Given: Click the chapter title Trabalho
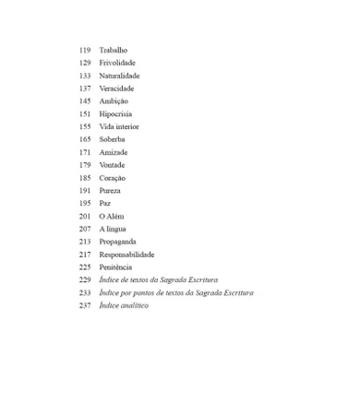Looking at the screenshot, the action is click(x=114, y=50).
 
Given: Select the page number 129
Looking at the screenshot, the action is click(x=85, y=63).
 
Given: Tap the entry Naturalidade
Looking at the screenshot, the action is click(x=120, y=76).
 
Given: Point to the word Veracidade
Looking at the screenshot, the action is click(x=117, y=89).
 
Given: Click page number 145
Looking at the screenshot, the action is click(x=85, y=101).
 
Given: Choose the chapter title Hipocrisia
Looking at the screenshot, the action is click(x=116, y=113).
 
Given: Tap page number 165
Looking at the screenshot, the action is click(x=85, y=139).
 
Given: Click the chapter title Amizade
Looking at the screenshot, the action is click(x=114, y=152).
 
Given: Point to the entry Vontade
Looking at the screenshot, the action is click(x=113, y=165).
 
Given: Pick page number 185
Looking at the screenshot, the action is click(x=85, y=177).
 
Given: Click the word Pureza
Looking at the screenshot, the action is click(x=111, y=190).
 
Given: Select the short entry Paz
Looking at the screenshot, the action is click(x=105, y=203).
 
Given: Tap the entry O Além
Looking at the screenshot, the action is click(x=112, y=216).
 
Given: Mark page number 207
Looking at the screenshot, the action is click(x=85, y=229).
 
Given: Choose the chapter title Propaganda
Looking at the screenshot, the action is click(x=118, y=242).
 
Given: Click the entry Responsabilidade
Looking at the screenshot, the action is click(x=126, y=255).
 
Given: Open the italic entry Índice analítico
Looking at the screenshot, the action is click(x=124, y=305).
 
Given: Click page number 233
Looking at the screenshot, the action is click(x=85, y=292).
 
